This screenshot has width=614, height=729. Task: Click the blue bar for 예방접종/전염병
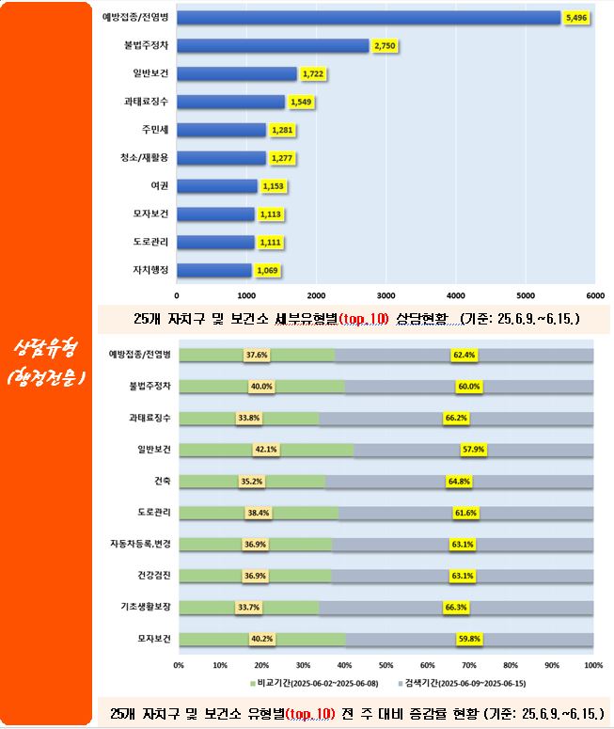coord(367,17)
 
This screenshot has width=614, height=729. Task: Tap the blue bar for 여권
coord(216,186)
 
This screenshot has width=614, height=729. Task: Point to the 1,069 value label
coord(267,271)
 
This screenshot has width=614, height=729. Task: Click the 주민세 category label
coord(154,129)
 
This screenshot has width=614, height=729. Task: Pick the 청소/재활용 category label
coord(148,157)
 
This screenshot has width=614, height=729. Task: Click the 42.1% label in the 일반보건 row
coord(265,450)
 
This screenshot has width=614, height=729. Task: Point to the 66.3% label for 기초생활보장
coord(457,608)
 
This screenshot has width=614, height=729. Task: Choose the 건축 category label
coord(161,481)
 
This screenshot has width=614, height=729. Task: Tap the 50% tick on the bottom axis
coord(386,664)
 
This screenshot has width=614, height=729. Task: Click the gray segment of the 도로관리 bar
coord(465,513)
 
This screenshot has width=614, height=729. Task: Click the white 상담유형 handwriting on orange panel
coord(46,347)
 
